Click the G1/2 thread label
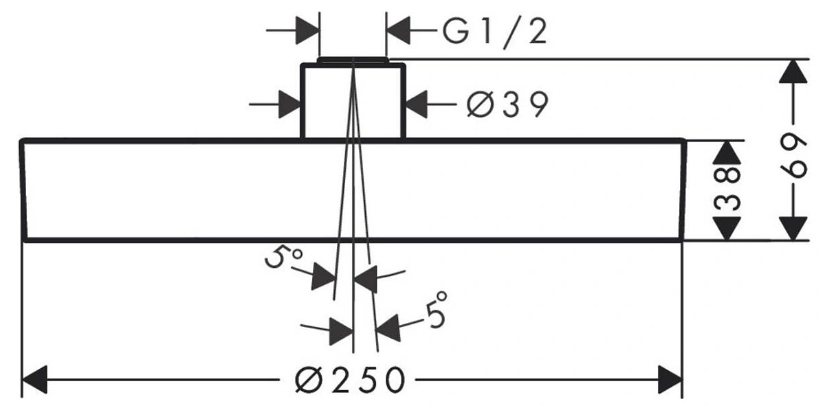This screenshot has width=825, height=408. pyautogui.click(x=494, y=31)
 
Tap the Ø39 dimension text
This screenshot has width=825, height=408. pyautogui.click(x=507, y=105)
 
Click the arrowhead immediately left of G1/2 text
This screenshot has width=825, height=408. pyautogui.click(x=399, y=31)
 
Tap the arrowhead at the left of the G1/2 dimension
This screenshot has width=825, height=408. pyautogui.click(x=308, y=31)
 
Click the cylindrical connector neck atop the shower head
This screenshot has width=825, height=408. pyautogui.click(x=353, y=100)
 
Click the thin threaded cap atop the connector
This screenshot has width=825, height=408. pyautogui.click(x=353, y=60)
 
